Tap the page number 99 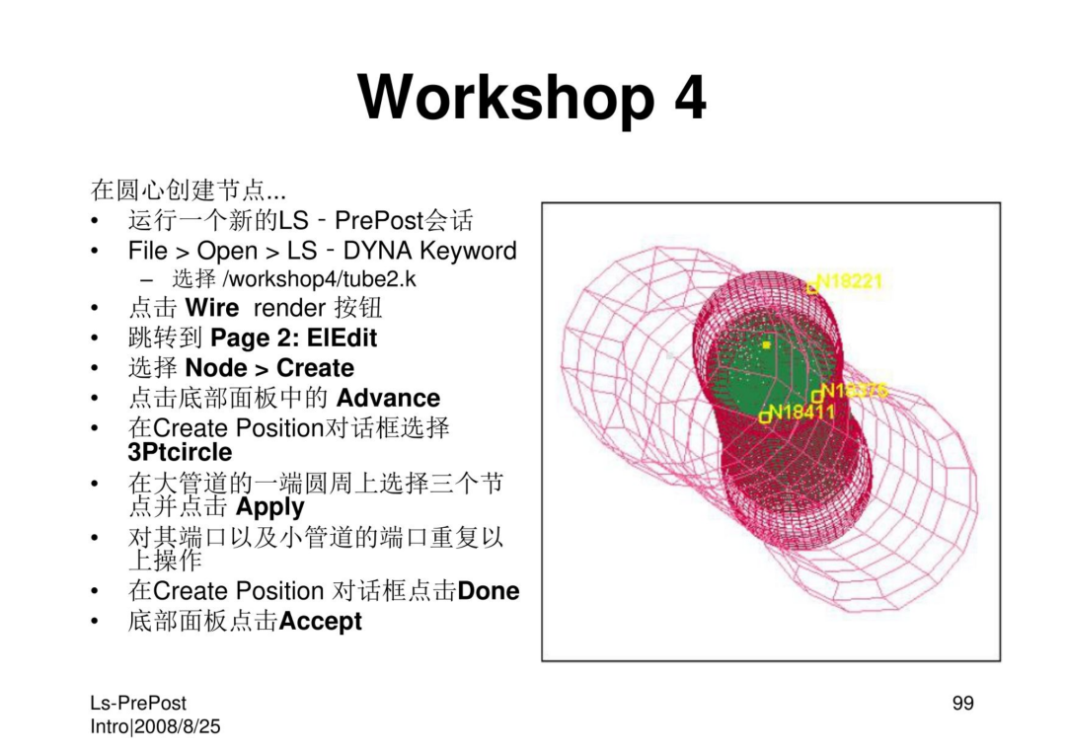(962, 703)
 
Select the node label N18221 (850, 280)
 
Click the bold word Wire (211, 308)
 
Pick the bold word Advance (388, 398)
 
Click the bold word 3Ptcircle (180, 452)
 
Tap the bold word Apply (269, 507)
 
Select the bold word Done (489, 590)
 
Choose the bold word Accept (320, 621)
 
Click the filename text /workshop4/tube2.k (320, 278)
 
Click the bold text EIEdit (342, 338)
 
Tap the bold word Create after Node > (316, 368)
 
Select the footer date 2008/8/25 (178, 726)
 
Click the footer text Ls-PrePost (138, 703)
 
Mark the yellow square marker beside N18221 (811, 287)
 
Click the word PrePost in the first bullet (379, 220)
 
